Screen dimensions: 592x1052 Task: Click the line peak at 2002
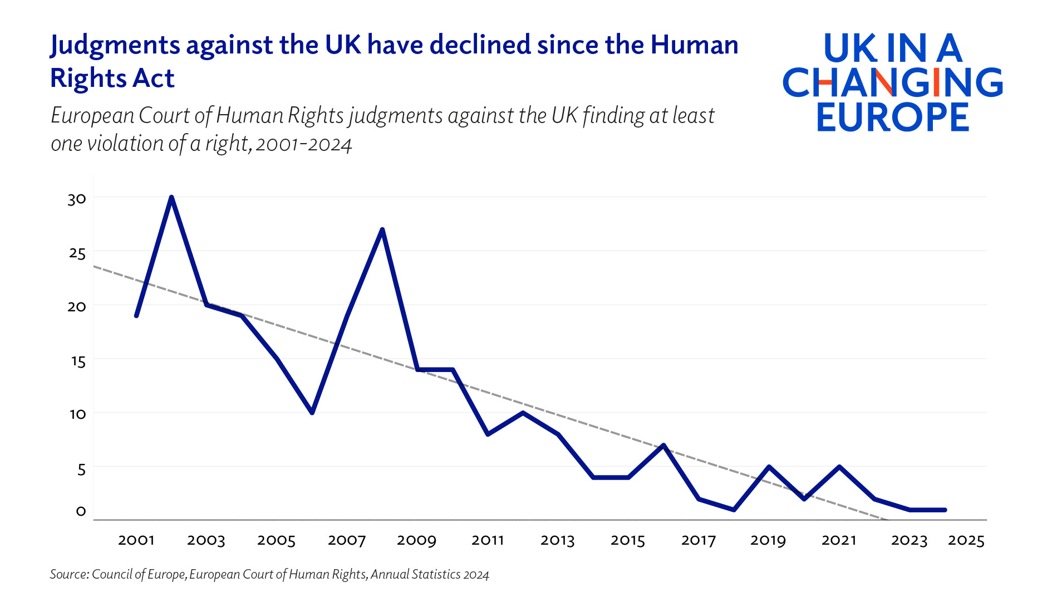point(171,197)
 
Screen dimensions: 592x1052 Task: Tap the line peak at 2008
point(382,229)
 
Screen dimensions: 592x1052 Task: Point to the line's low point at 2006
point(312,413)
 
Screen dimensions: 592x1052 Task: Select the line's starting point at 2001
point(136,316)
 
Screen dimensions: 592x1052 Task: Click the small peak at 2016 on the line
point(663,445)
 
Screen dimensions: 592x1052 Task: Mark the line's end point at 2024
point(945,510)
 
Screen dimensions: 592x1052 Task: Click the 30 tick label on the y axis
point(77,199)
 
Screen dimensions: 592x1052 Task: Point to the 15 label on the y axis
point(78,361)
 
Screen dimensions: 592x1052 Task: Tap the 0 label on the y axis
point(81,511)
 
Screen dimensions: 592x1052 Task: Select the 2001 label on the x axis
point(136,540)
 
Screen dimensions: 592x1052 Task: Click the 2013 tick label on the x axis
point(558,540)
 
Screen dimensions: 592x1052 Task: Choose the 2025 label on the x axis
point(966,540)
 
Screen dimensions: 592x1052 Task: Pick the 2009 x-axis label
point(417,540)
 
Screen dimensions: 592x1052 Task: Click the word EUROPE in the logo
point(893,117)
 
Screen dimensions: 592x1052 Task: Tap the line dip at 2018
point(734,510)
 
